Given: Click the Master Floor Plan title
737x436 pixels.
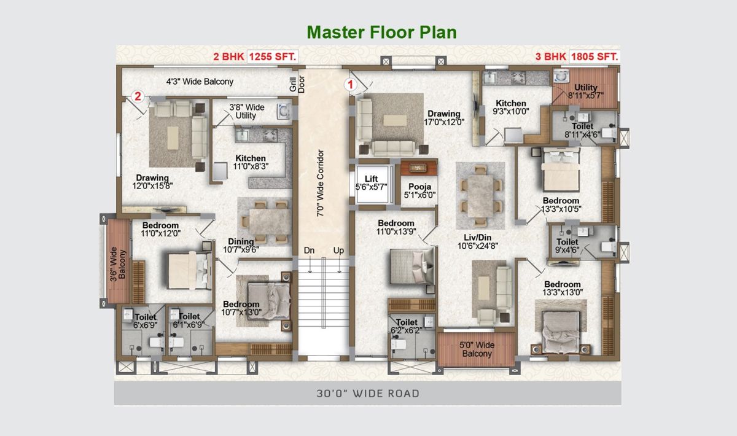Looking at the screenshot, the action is point(381,33).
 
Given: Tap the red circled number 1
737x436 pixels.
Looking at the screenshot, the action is point(351,85).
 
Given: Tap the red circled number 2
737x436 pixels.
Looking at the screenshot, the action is point(138,96).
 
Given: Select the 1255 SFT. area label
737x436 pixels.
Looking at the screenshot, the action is point(273,56).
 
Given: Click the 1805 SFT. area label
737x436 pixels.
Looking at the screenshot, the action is point(595,56).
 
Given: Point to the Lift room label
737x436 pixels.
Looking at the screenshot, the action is point(371,183).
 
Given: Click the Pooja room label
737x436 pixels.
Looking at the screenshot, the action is point(419,191).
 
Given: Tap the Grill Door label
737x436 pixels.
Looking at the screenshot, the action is point(297,84).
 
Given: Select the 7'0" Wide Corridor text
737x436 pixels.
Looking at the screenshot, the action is point(320,183).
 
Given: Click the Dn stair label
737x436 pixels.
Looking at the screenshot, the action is point(309,251).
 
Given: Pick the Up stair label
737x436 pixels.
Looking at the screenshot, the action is point(338,251).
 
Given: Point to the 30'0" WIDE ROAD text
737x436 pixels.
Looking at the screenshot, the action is point(368,393).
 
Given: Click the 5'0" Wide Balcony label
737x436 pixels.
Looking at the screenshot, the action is point(477,349).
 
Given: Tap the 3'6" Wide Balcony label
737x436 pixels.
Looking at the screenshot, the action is point(118,264).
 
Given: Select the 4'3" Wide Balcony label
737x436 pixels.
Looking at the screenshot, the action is point(200,81).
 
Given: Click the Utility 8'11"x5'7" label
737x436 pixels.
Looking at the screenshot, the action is point(586,91).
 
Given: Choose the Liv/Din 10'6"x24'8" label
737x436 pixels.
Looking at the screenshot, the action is point(477,241).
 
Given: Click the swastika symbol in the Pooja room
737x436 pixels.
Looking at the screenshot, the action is point(418,168).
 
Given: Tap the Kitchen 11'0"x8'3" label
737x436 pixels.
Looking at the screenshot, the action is point(251,162).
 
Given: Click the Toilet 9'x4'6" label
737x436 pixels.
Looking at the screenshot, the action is point(567,246).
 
